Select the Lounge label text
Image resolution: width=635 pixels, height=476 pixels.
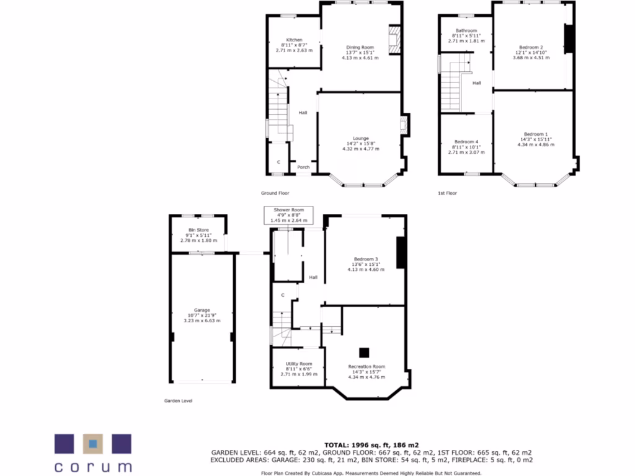pos(361,138)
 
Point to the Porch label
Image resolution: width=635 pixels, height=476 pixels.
pos(303,167)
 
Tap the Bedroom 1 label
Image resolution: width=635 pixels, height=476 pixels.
pos(536,134)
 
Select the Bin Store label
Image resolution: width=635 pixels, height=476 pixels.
pos(199,231)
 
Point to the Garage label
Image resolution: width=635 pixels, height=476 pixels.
pos(202,310)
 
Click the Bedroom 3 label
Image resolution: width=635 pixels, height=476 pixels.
pos(366,259)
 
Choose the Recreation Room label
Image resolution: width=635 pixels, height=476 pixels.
pos(366,366)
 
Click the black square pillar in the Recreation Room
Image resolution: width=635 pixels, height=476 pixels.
pos(365,352)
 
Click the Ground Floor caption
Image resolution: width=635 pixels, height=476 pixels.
pos(275,193)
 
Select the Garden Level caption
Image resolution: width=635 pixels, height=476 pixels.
pos(178,401)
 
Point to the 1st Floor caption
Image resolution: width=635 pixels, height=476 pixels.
pos(447,193)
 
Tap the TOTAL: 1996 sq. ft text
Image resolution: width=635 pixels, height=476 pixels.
pos(371,445)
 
